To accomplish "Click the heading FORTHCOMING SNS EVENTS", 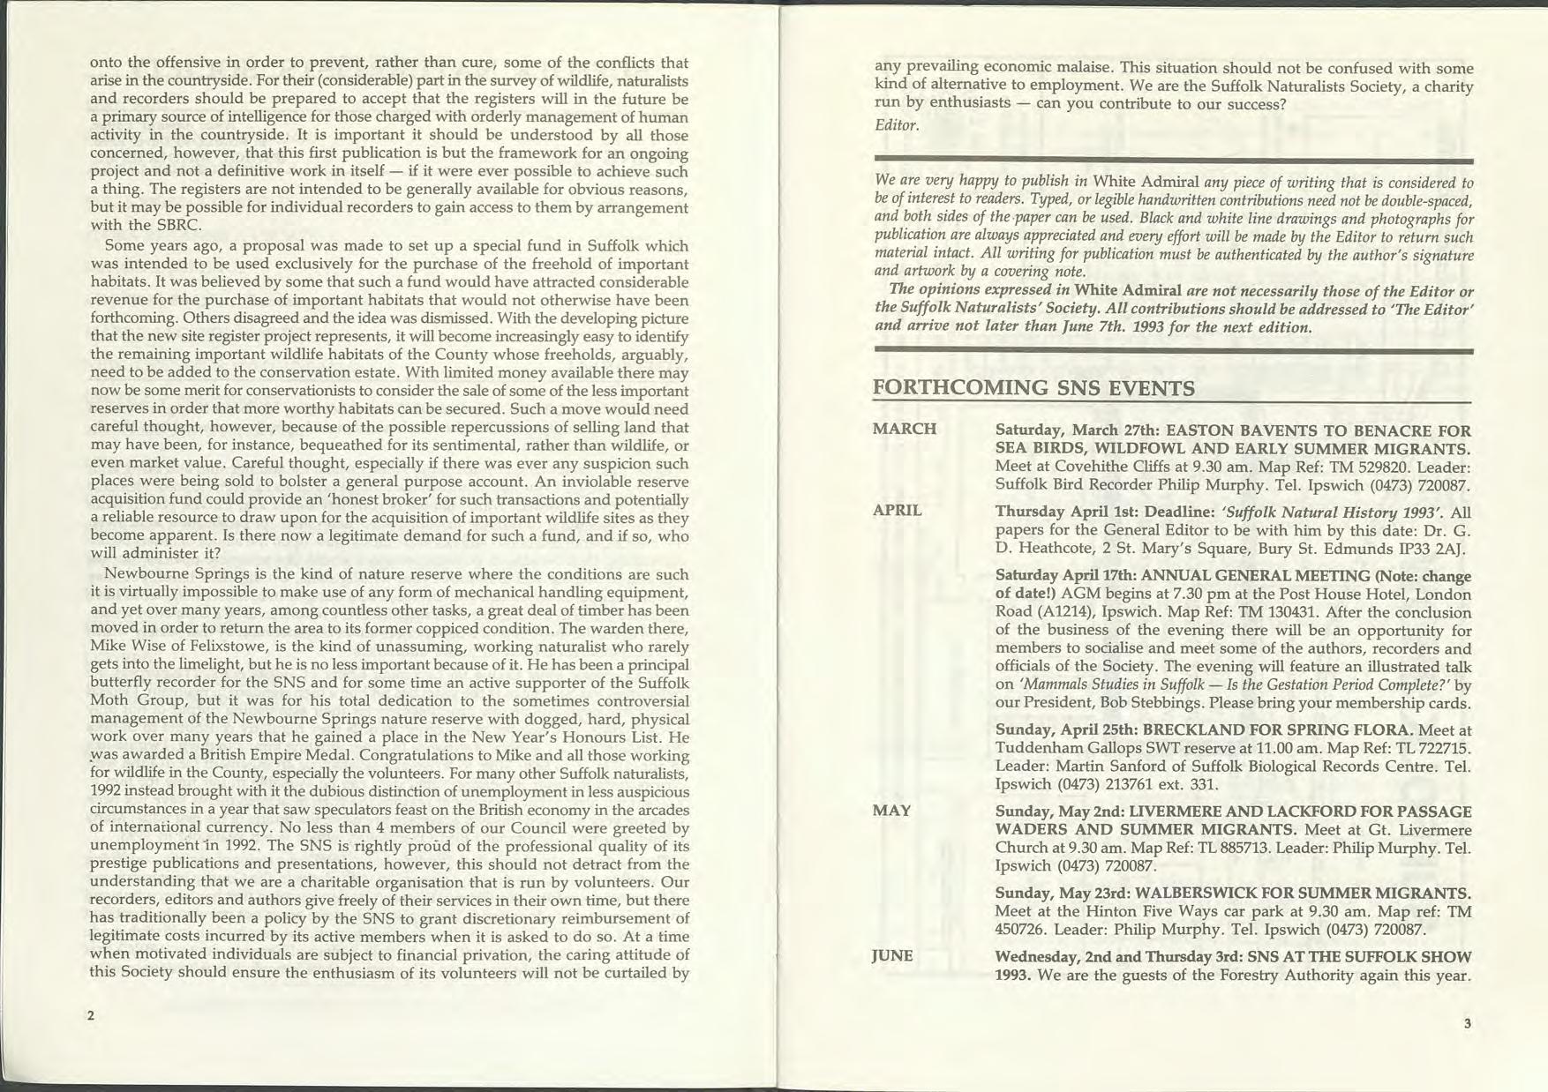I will tap(1033, 388).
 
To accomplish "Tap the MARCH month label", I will tap(904, 430).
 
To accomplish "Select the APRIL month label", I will tap(897, 510).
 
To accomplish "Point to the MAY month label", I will tap(891, 811).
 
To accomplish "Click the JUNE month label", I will tap(892, 956).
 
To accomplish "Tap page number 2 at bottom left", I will tap(91, 1015).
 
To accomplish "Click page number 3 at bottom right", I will tap(1467, 1023).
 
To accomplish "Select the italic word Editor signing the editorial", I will tap(897, 125).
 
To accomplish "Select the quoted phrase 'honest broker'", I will tap(333, 500).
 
